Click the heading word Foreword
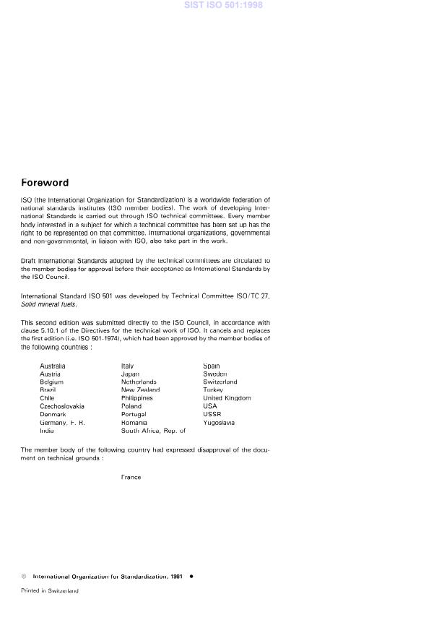pos(45,183)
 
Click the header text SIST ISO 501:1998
pos(223,5)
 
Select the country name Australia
pos(53,366)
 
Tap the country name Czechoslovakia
pos(62,406)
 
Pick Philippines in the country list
pos(137,398)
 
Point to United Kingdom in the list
pos(227,398)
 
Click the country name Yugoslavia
pos(219,423)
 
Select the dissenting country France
pos(131,477)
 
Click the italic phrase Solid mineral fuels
pos(48,305)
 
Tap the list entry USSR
pos(212,414)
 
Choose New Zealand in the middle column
pos(141,390)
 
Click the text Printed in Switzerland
pos(49,590)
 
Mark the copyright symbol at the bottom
pos(24,577)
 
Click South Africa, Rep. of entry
pos(154,431)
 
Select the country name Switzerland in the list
pos(220,382)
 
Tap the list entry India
pos(47,431)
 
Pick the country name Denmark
pos(53,415)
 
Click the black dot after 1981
pos(191,577)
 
